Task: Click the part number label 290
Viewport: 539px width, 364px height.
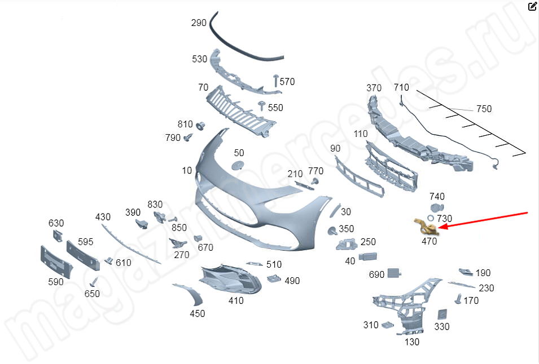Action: click(199, 23)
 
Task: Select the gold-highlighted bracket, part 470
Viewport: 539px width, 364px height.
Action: click(425, 227)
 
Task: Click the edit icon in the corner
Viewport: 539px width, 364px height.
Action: click(532, 7)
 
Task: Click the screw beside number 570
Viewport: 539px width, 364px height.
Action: click(275, 80)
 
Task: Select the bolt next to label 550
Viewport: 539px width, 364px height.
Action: click(261, 105)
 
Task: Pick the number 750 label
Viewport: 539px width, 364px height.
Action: click(484, 109)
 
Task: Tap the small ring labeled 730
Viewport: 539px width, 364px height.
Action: click(431, 218)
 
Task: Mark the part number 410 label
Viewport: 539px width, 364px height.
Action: click(236, 300)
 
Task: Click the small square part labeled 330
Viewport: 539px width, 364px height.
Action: click(442, 314)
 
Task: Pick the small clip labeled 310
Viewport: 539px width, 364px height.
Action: click(387, 325)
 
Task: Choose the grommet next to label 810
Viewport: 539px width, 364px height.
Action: click(200, 125)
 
